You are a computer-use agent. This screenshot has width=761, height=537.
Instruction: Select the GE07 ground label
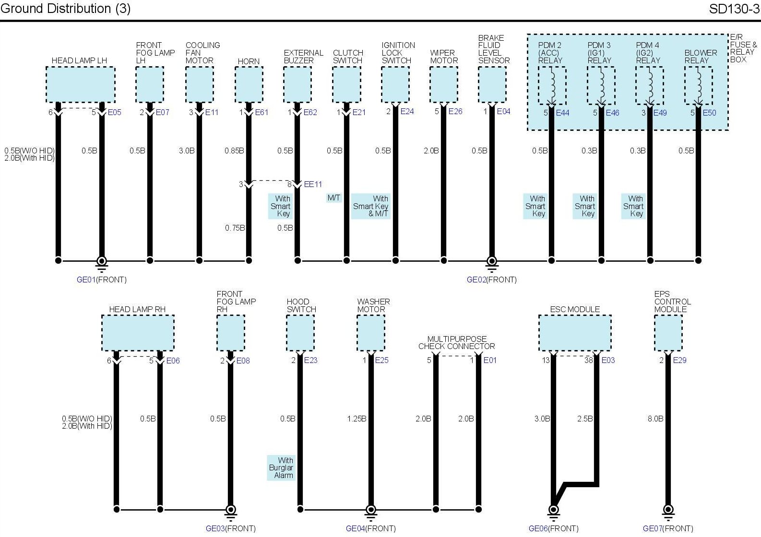click(x=668, y=528)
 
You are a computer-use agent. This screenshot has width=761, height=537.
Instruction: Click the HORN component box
click(x=249, y=84)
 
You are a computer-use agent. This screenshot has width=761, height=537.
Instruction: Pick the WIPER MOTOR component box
click(x=443, y=84)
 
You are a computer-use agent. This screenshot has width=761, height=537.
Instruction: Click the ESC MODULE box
click(x=575, y=333)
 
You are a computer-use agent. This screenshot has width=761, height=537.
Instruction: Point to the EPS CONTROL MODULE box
click(x=668, y=333)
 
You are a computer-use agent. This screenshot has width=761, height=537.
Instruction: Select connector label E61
click(x=262, y=113)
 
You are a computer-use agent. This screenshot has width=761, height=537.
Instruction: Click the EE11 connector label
click(x=313, y=184)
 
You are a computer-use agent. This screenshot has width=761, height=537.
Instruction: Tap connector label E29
click(x=679, y=361)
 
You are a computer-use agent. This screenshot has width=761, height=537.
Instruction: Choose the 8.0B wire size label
click(x=655, y=419)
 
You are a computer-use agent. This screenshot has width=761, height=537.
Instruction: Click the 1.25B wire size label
click(x=357, y=419)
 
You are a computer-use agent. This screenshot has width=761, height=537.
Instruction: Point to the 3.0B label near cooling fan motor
click(x=187, y=151)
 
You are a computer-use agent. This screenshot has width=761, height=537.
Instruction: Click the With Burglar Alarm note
click(x=281, y=467)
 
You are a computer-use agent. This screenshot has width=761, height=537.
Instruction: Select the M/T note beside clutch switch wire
click(x=334, y=198)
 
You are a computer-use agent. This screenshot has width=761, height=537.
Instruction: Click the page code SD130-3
click(x=734, y=9)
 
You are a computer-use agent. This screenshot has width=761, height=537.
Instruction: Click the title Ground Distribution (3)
click(x=66, y=9)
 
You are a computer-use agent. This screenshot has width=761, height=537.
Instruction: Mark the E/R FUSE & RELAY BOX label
click(x=743, y=48)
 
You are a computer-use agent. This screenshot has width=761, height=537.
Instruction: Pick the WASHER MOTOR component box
click(x=370, y=333)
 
